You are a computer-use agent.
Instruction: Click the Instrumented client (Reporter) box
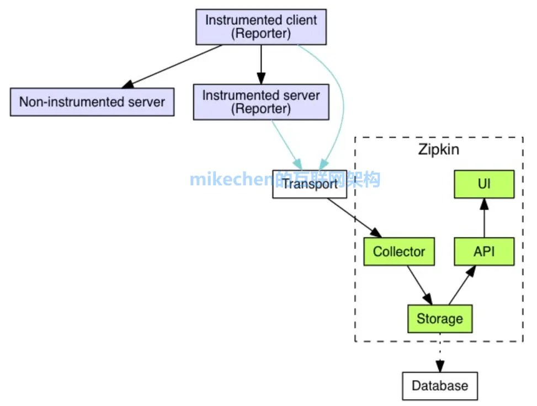tap(261, 27)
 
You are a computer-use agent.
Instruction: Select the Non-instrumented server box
tap(92, 102)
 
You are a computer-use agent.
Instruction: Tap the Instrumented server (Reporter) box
tap(261, 102)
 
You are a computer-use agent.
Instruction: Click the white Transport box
tap(310, 184)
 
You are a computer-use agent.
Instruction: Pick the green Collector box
tap(399, 252)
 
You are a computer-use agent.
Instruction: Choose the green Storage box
tap(439, 319)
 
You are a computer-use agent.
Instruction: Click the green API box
tap(484, 252)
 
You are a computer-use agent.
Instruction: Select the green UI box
tap(484, 184)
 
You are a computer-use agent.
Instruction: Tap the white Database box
tap(439, 386)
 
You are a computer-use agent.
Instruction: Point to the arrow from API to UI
tap(484, 218)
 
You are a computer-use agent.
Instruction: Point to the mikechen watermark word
tap(232, 179)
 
